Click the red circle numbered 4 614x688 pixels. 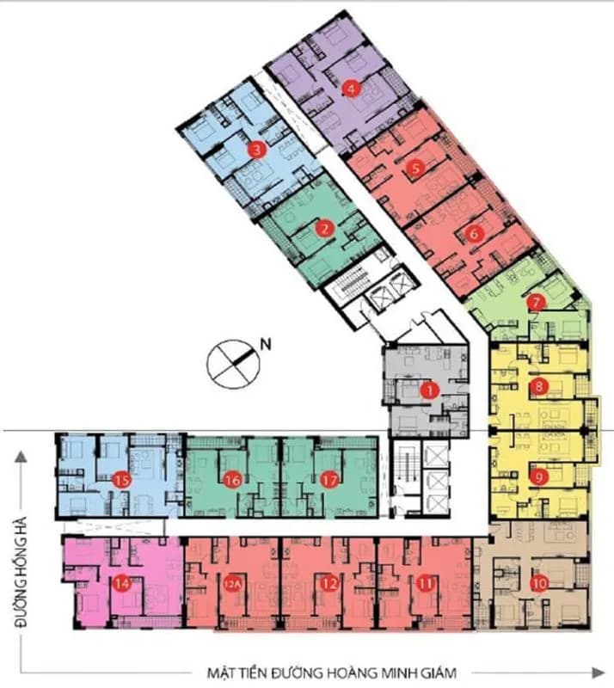click(x=351, y=89)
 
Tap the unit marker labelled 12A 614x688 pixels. click(x=232, y=584)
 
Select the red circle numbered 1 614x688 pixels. click(x=429, y=390)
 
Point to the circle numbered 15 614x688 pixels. click(x=122, y=480)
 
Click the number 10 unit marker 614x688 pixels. click(x=539, y=584)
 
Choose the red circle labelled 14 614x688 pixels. click(x=122, y=584)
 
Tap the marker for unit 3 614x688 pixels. click(x=257, y=150)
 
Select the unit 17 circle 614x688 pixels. click(x=329, y=480)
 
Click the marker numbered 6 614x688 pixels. click(x=474, y=234)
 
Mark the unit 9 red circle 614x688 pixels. click(x=539, y=476)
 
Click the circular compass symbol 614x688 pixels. click(x=233, y=364)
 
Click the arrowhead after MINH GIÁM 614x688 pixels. click(x=599, y=673)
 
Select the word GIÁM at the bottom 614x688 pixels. click(x=437, y=673)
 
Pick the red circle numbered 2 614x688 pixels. click(x=325, y=228)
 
